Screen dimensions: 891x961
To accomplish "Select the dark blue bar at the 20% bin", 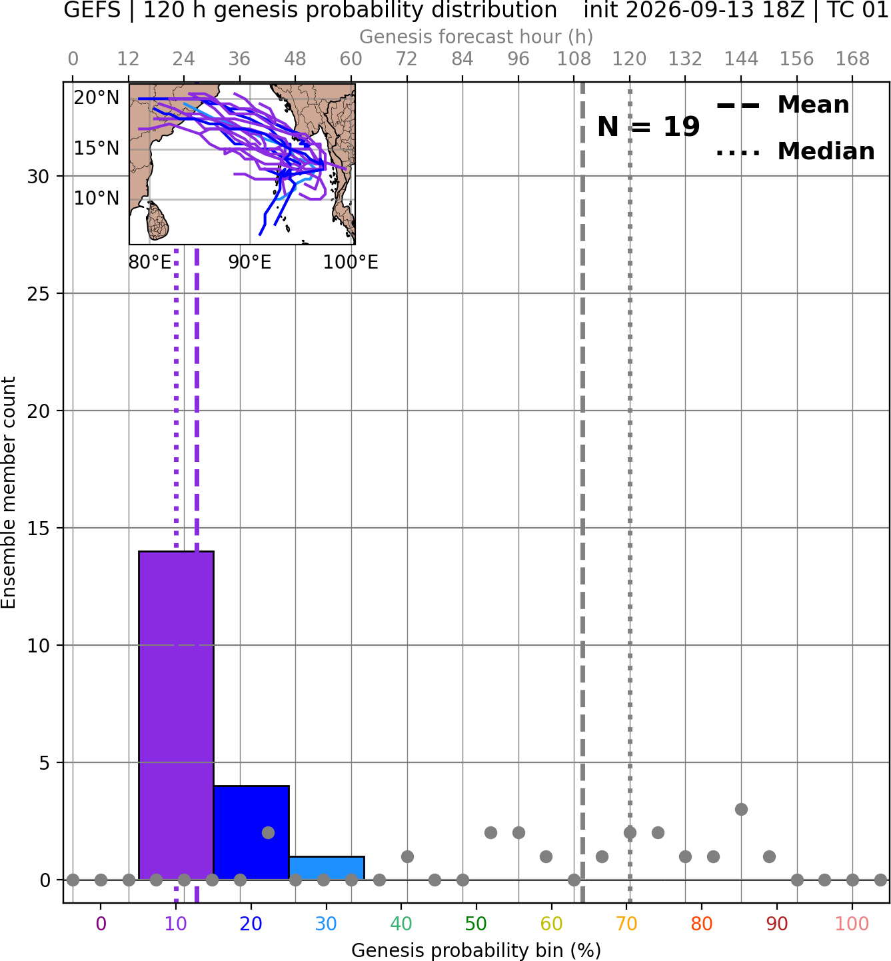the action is (251, 832).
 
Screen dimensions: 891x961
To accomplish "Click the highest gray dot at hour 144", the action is (741, 809).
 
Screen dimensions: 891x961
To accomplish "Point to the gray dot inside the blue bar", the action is (268, 833).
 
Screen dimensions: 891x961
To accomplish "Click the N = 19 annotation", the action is (648, 127).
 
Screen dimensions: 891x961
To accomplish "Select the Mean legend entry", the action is (782, 105).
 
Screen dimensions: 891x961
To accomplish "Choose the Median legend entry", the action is (795, 151).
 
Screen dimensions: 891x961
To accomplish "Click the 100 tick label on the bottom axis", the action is (852, 924).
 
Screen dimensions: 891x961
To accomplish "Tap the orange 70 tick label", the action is (626, 924).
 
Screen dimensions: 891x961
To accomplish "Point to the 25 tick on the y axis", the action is (38, 294).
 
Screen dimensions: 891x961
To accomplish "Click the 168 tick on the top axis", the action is (852, 59).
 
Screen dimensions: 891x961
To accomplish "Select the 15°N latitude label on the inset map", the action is (97, 148).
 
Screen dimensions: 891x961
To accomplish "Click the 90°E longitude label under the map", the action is (249, 263).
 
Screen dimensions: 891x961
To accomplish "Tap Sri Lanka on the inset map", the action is (158, 221).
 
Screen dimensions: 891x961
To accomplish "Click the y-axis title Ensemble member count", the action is (8, 492).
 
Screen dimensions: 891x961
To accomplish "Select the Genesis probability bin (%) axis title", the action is (476, 950).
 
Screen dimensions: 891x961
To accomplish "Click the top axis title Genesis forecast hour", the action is (476, 37).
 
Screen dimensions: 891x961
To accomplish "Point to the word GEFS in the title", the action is (92, 10).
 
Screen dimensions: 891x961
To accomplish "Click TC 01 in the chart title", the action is (856, 10).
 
